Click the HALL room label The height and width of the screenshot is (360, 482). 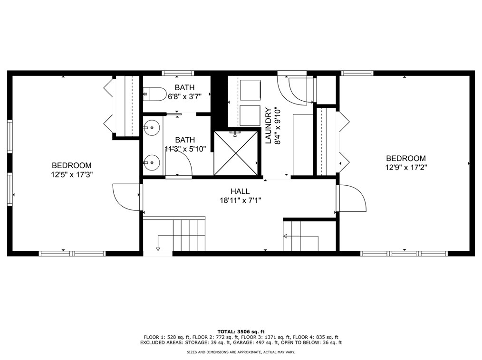click(x=240, y=191)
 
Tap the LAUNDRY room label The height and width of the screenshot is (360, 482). click(x=268, y=126)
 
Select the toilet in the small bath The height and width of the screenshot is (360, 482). click(x=154, y=94)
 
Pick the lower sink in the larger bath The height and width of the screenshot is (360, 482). click(x=152, y=162)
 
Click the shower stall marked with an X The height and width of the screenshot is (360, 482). click(x=236, y=153)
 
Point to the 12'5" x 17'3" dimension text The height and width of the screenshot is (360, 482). click(x=72, y=175)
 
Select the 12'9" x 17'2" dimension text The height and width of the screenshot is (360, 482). click(x=406, y=167)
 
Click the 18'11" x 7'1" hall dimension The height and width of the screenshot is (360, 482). click(x=241, y=200)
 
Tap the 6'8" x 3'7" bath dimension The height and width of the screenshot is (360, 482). click(x=185, y=96)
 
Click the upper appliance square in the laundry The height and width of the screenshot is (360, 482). click(x=250, y=90)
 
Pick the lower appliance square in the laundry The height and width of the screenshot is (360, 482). click(x=250, y=115)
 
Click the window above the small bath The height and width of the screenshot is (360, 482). click(x=178, y=73)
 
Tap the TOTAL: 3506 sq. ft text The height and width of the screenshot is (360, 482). click(x=241, y=332)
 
